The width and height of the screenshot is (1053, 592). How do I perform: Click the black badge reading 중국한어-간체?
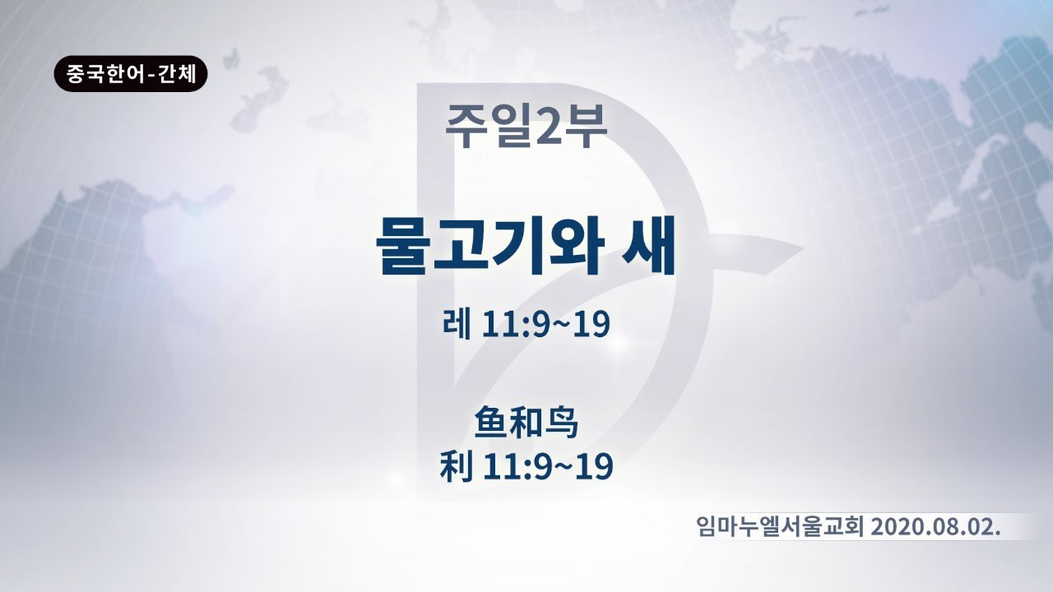(130, 74)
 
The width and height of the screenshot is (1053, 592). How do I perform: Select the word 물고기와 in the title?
(489, 246)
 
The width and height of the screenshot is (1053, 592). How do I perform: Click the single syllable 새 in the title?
(649, 246)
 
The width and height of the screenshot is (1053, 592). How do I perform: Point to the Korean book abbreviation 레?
(457, 324)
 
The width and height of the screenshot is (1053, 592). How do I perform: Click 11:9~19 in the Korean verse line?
(545, 325)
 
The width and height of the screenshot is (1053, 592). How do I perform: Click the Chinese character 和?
(526, 423)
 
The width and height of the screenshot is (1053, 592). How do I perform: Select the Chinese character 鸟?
(561, 423)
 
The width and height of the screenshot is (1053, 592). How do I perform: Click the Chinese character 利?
(456, 466)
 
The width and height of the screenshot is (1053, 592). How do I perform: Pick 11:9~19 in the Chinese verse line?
(548, 466)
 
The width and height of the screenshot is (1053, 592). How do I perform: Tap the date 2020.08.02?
(935, 528)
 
